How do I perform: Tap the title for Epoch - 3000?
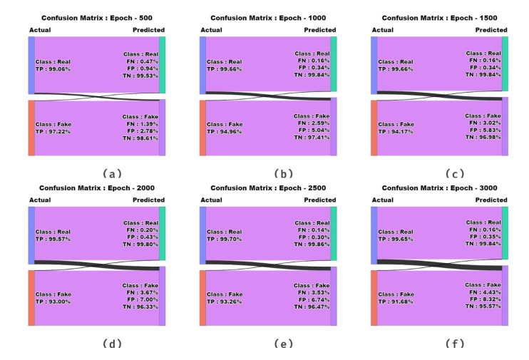point(439,187)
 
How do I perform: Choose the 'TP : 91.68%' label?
point(396,301)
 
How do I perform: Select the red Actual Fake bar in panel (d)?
point(31,298)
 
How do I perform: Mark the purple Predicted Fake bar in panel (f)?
point(505,295)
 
